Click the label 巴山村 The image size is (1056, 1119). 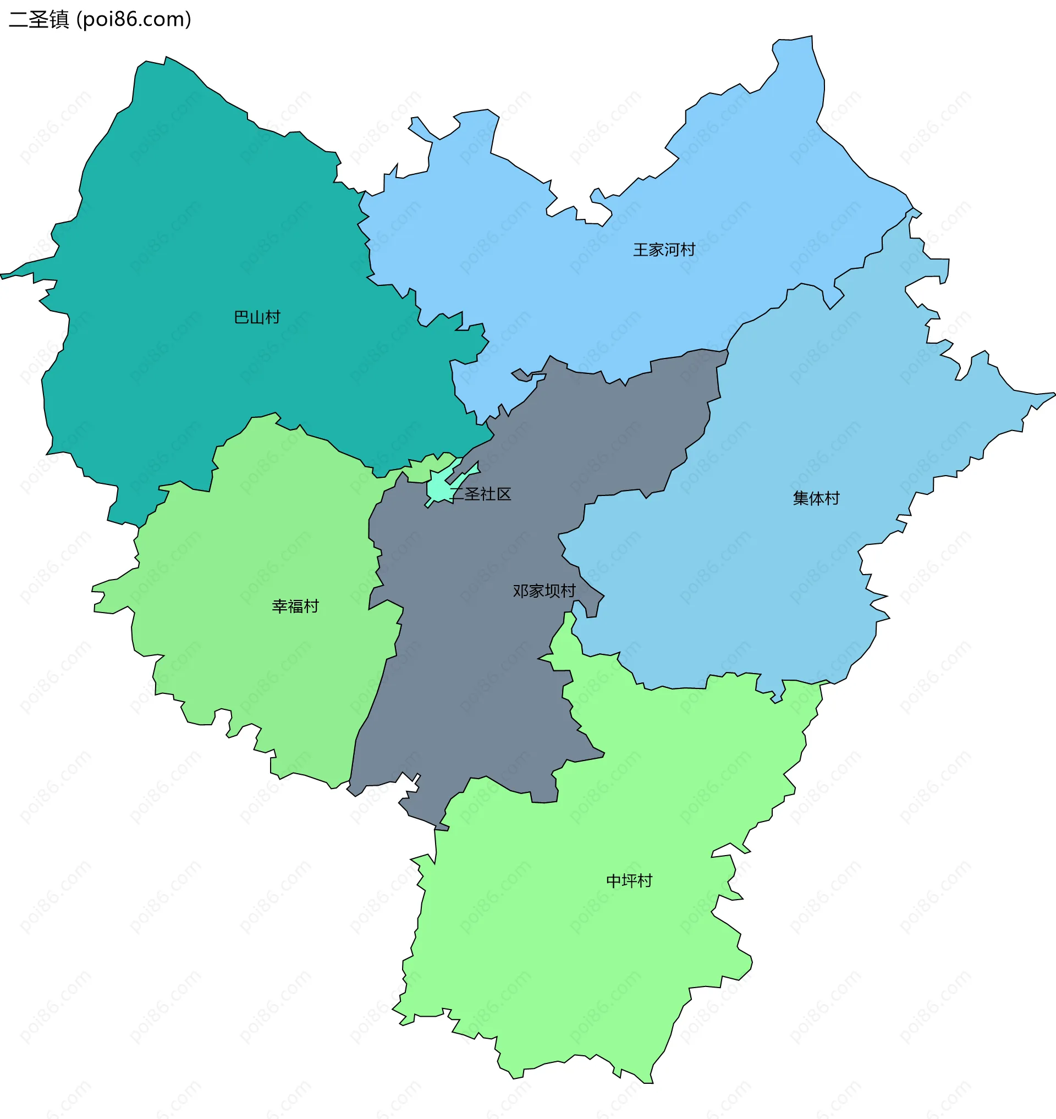(x=257, y=317)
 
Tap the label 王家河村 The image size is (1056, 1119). (x=664, y=250)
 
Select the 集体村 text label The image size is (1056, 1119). (x=816, y=498)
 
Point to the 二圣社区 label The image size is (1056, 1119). (x=481, y=494)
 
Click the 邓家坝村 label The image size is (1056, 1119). (x=544, y=591)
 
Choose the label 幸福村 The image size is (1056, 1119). (x=295, y=606)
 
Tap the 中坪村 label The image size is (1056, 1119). (x=629, y=881)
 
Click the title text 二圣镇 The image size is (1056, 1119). (x=39, y=20)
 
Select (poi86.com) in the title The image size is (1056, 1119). (x=134, y=20)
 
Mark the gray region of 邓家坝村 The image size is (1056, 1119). (x=479, y=675)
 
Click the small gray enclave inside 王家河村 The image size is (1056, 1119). (x=522, y=375)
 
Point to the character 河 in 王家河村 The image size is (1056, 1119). (x=672, y=250)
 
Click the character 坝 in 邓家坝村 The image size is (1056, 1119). (x=552, y=591)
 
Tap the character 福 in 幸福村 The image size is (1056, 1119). (x=295, y=606)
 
